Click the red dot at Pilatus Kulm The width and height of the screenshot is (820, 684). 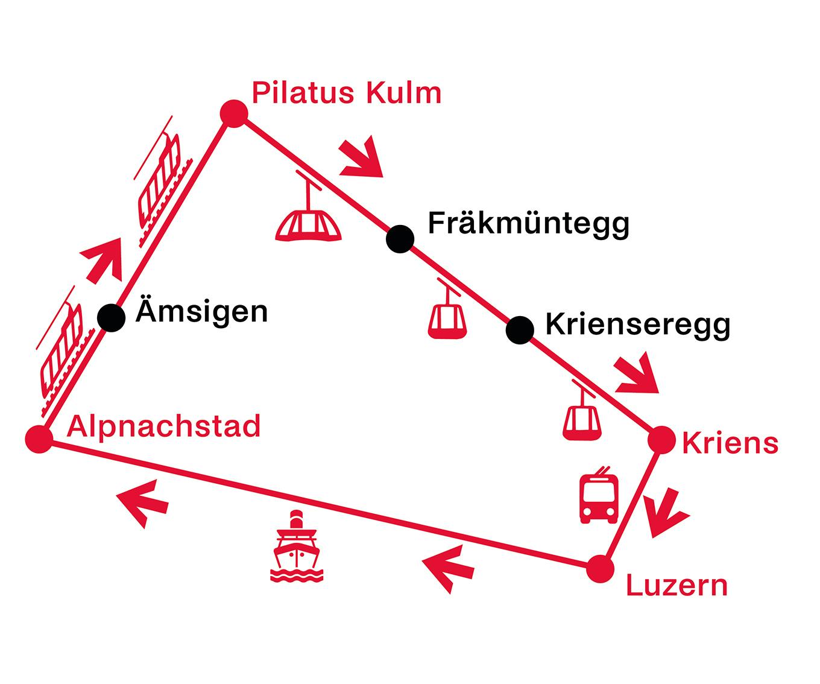[x=233, y=113]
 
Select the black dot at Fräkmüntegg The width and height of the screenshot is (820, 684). [x=400, y=239]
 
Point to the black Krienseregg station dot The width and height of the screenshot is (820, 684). [x=520, y=329]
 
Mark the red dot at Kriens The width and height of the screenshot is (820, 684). [x=661, y=440]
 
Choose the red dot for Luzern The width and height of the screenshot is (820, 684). [x=600, y=569]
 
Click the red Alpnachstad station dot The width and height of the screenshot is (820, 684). [x=39, y=438]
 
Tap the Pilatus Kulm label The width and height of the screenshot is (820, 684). [x=346, y=93]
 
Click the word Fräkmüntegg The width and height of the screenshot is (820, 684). [x=528, y=223]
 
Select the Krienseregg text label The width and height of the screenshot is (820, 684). [x=637, y=325]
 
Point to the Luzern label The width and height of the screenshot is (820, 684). [x=676, y=586]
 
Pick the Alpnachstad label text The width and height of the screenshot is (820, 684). [x=163, y=426]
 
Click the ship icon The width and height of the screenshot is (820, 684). [x=296, y=547]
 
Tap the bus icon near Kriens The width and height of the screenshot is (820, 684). [x=599, y=496]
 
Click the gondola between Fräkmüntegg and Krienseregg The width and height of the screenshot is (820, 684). [x=447, y=317]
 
